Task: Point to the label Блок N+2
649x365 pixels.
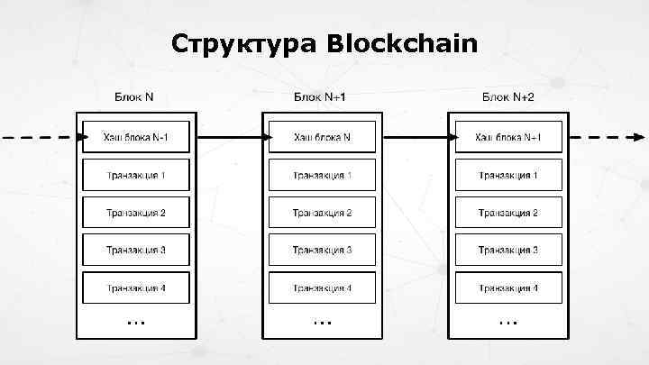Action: tap(508, 96)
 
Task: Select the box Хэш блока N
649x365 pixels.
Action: tap(322, 138)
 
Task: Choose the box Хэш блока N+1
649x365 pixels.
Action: tap(508, 138)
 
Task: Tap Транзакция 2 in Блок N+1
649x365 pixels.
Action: tap(322, 213)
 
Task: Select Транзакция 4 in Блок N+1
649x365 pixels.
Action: tap(322, 287)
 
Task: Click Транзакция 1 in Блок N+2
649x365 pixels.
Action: tap(508, 175)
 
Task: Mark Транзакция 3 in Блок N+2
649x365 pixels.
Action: tap(508, 250)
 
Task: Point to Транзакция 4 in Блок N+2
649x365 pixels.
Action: tap(508, 287)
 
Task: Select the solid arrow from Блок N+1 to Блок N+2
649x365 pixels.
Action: tap(415, 138)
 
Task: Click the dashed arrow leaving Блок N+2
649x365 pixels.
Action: tap(608, 138)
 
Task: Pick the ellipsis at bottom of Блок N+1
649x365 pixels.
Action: tap(322, 321)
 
